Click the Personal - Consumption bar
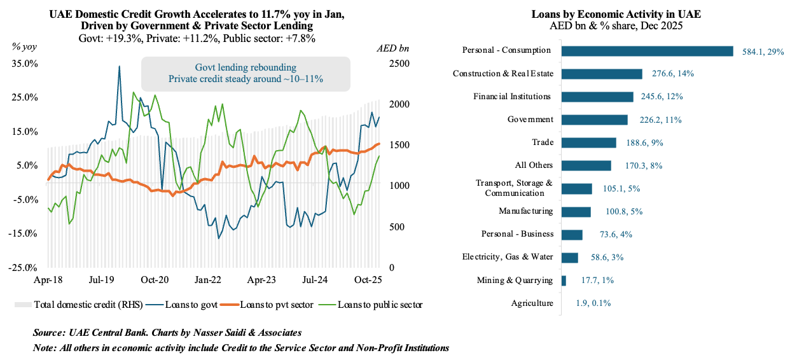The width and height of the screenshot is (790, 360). tap(647, 51)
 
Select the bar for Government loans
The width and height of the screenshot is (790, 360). tap(594, 120)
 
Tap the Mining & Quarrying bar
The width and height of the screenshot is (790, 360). tap(564, 280)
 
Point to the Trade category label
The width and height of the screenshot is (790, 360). tap(542, 142)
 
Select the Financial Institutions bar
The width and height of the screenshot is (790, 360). tap(597, 97)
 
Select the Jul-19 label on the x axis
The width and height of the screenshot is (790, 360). tap(100, 279)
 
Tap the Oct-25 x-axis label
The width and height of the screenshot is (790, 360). tap(366, 279)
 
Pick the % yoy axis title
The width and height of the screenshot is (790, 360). tap(25, 48)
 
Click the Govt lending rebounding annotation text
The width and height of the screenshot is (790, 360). tap(246, 67)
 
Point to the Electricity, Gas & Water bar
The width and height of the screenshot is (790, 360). tap(569, 258)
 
